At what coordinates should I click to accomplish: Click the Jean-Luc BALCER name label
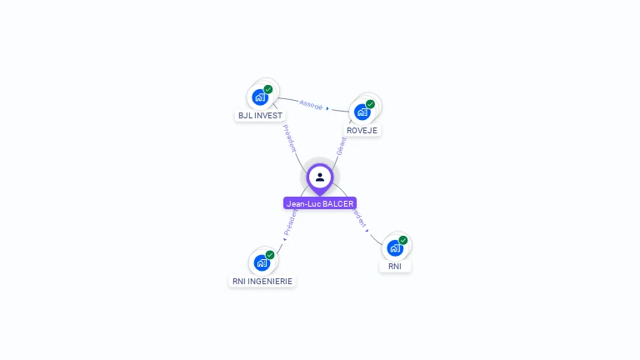point(320,203)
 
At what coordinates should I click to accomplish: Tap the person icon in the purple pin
point(320,177)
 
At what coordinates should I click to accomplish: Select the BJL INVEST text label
point(260,116)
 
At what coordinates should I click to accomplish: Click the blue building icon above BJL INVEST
point(261,97)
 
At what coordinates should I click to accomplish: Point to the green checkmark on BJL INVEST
point(268,89)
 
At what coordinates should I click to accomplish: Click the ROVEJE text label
point(362,131)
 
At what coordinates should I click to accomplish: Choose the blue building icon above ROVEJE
point(362,112)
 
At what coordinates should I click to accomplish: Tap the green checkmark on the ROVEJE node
point(370,104)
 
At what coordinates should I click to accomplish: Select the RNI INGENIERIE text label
point(262,282)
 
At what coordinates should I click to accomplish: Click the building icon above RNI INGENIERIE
point(262,262)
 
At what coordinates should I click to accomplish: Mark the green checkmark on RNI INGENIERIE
point(270,255)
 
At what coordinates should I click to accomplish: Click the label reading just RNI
point(395,267)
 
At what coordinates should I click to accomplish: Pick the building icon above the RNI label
point(395,247)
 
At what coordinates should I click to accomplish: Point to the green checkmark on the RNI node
point(403,240)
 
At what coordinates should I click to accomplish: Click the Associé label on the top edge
point(311,105)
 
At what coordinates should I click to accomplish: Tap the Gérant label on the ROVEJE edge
point(340,147)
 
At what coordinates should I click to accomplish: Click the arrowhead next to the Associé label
point(327,108)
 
